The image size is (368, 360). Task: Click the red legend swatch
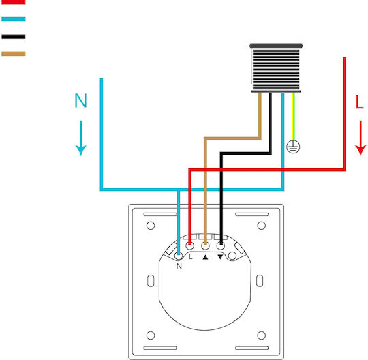point(14,2)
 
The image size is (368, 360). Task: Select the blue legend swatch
point(14,19)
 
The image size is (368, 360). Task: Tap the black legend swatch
point(14,36)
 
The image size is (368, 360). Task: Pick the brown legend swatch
point(14,54)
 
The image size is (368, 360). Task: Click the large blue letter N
point(80,100)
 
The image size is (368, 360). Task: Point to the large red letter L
point(360,102)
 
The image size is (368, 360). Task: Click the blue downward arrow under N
point(81,138)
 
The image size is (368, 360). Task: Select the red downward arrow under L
point(361,138)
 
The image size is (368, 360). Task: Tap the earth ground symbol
point(293,147)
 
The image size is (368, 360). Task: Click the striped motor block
point(276,68)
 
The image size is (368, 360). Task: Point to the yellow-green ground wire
point(293,117)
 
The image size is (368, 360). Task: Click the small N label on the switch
point(179,266)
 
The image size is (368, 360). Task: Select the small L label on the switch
point(191,256)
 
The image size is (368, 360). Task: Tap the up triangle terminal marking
point(205,257)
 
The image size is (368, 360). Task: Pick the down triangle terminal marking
point(220,257)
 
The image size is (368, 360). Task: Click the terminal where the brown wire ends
point(205,246)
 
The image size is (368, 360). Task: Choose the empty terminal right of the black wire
point(232,256)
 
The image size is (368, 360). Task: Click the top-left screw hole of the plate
point(151,226)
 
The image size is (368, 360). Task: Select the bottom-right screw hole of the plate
point(262,335)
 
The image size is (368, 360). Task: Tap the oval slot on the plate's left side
point(151,281)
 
